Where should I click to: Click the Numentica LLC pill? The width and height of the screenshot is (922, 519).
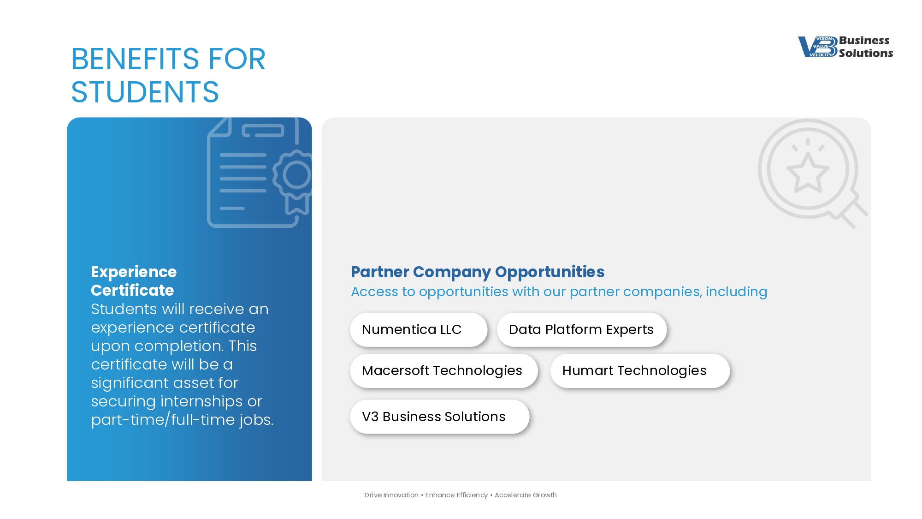pos(419,329)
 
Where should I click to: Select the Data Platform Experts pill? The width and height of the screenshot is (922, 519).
pos(582,329)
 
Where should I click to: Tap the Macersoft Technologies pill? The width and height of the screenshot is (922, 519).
pos(443,370)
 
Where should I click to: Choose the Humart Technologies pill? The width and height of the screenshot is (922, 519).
pos(640,370)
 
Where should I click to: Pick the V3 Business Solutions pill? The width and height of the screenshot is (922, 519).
pos(439,416)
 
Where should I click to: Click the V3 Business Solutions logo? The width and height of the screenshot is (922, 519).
pos(845,47)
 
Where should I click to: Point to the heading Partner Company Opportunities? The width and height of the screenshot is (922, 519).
pos(478,272)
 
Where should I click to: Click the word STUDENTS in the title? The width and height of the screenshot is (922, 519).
pos(145,92)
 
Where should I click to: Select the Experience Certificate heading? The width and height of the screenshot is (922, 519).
pos(134,281)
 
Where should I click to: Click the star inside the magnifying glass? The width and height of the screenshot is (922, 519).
pos(808,173)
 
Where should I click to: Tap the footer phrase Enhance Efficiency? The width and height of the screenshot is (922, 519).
pos(456,495)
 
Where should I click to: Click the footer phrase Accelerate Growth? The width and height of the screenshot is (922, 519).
pos(526,495)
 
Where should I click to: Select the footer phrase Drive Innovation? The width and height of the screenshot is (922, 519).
pos(391,495)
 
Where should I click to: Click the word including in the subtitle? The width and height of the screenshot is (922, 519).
pos(736,292)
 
